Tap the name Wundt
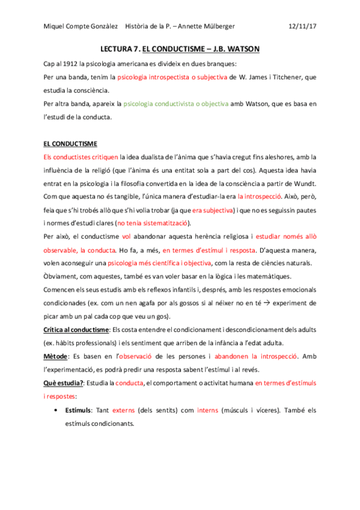tap(305, 183)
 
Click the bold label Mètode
tap(56, 356)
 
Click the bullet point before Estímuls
tap(56, 410)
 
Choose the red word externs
tap(124, 410)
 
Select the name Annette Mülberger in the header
tap(204, 27)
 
